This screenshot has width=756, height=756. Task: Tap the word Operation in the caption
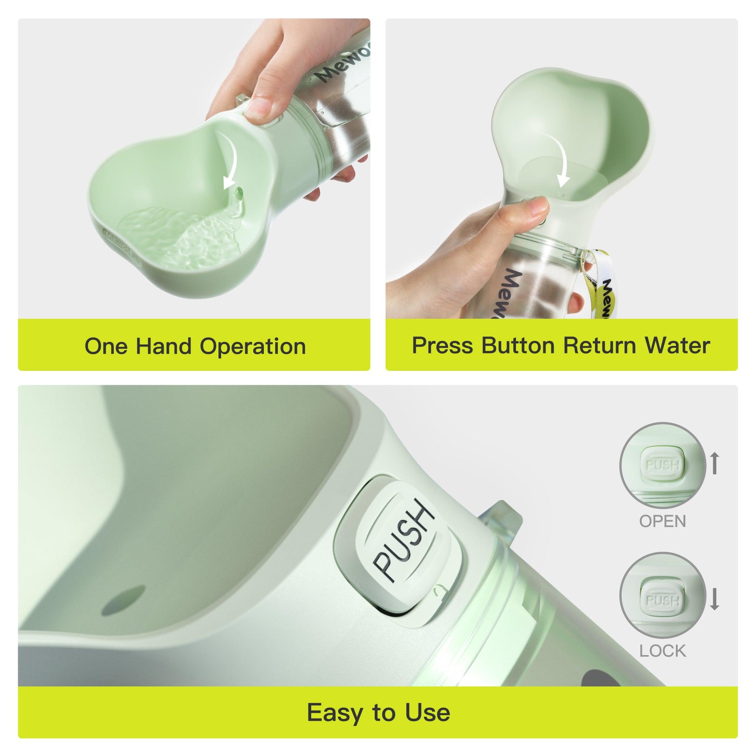pyautogui.click(x=253, y=347)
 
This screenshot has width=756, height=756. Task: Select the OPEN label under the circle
pyautogui.click(x=663, y=522)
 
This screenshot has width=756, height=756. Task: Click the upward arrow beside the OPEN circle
pyautogui.click(x=714, y=463)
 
